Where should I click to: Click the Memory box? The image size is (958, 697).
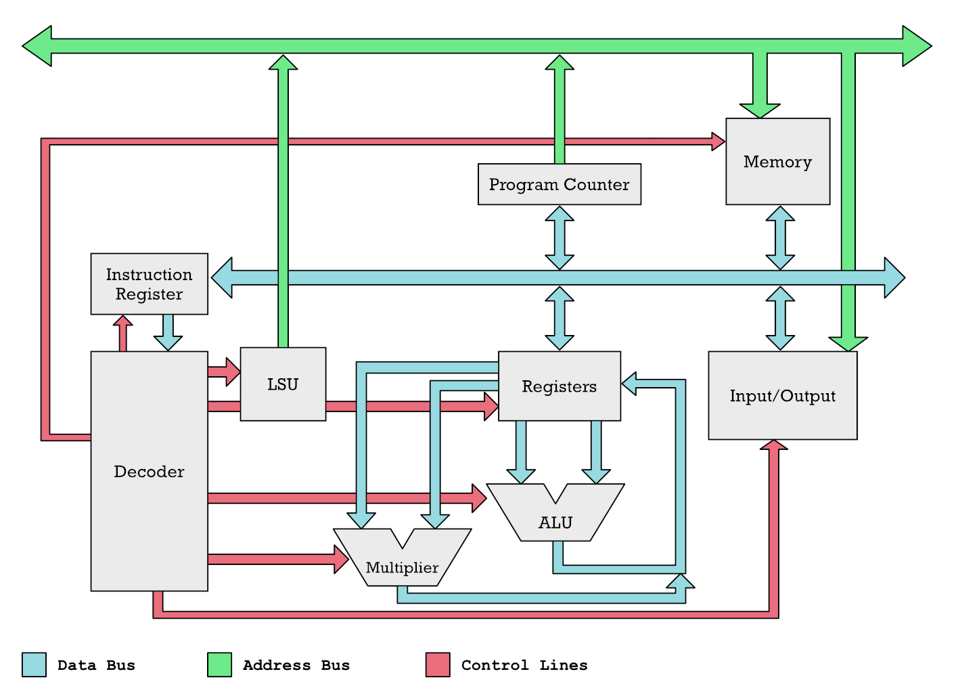pyautogui.click(x=777, y=162)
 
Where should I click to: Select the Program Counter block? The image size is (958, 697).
pyautogui.click(x=559, y=184)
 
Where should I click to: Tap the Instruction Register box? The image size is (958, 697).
pyautogui.click(x=149, y=284)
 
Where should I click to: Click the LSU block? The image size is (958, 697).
pyautogui.click(x=283, y=384)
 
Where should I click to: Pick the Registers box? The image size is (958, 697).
pyautogui.click(x=559, y=386)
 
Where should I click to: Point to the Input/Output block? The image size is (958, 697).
pyautogui.click(x=782, y=396)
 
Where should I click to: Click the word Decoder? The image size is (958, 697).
pyautogui.click(x=149, y=472)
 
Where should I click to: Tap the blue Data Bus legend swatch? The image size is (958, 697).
pyautogui.click(x=34, y=665)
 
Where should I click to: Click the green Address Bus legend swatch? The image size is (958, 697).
pyautogui.click(x=219, y=665)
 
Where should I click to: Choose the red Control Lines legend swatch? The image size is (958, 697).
pyautogui.click(x=438, y=665)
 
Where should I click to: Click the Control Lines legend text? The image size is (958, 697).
pyautogui.click(x=524, y=665)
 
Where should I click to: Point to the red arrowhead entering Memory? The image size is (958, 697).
pyautogui.click(x=718, y=141)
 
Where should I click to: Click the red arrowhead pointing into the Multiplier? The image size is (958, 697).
pyautogui.click(x=342, y=559)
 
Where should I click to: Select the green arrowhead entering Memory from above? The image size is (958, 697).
pyautogui.click(x=760, y=110)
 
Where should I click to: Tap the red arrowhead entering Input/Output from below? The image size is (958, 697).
pyautogui.click(x=774, y=445)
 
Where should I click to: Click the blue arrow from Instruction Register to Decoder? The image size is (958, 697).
pyautogui.click(x=168, y=333)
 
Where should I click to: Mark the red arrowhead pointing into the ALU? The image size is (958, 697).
pyautogui.click(x=478, y=498)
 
